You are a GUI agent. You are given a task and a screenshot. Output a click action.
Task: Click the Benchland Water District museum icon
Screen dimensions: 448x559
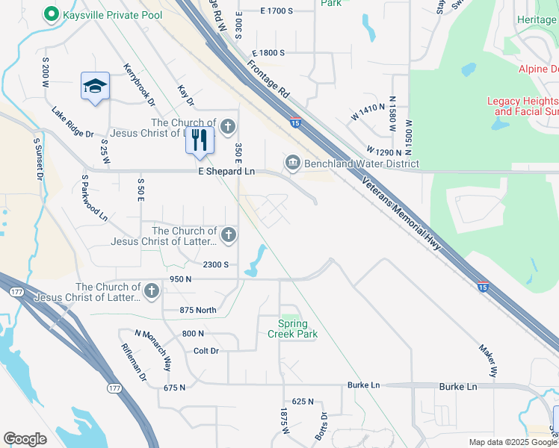pyautogui.click(x=292, y=163)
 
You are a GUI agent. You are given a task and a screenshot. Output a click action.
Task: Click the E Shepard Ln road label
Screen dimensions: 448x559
pyautogui.click(x=226, y=172)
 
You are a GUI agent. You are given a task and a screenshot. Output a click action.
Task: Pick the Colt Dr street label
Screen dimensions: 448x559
pyautogui.click(x=206, y=350)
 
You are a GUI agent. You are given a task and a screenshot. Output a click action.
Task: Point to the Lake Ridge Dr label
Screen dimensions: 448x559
pyautogui.click(x=72, y=123)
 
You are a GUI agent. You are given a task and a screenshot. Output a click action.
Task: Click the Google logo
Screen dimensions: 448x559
pyautogui.click(x=25, y=439)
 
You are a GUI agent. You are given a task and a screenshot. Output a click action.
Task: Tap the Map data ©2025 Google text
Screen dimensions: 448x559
pyautogui.click(x=512, y=442)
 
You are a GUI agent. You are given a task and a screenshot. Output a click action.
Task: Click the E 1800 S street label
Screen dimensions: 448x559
pyautogui.click(x=269, y=53)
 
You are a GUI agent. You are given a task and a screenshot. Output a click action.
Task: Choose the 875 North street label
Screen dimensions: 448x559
pyautogui.click(x=198, y=311)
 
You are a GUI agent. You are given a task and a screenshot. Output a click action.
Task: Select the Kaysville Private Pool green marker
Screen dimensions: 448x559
pyautogui.click(x=51, y=13)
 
